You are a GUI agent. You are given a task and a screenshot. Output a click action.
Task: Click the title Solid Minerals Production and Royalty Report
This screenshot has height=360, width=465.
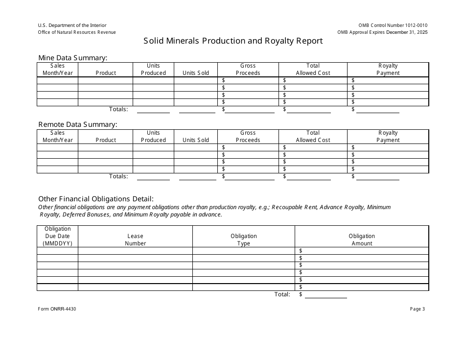click(233, 41)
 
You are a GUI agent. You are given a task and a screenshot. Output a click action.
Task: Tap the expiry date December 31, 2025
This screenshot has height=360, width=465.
click(407, 32)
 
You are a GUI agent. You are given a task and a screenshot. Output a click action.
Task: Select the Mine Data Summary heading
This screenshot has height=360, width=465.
click(72, 58)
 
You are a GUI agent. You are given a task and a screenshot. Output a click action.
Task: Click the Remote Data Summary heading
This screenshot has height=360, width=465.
click(77, 124)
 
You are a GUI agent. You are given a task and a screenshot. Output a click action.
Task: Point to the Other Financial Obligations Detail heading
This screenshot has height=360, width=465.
click(96, 199)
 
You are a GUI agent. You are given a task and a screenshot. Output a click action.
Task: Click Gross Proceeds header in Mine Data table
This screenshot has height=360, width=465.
click(248, 69)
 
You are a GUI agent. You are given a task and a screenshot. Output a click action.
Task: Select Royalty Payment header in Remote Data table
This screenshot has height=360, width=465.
click(388, 136)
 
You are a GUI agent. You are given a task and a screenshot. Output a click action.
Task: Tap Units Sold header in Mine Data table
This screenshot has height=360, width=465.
click(195, 73)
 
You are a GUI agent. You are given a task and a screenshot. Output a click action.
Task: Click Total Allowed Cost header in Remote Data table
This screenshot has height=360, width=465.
click(313, 136)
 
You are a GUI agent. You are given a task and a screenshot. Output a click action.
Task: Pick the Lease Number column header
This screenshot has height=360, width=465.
click(135, 240)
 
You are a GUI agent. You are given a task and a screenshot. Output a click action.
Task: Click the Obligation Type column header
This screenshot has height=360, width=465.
click(243, 240)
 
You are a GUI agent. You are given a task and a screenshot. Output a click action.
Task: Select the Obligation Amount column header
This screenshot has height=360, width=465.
click(362, 240)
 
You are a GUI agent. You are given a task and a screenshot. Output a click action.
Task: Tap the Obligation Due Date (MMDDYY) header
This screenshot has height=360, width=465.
click(57, 236)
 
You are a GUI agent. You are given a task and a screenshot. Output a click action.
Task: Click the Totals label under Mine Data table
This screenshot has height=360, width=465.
click(118, 109)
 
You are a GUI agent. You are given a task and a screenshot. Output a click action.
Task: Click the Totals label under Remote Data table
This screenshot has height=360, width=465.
click(118, 176)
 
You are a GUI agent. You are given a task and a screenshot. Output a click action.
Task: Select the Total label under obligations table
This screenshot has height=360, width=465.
click(282, 294)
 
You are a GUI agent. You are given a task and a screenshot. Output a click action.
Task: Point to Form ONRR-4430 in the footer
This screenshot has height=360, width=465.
click(57, 309)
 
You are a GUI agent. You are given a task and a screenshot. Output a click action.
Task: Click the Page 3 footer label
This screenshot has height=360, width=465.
click(417, 309)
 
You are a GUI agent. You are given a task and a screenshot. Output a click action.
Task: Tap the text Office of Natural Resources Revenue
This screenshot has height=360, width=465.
click(77, 32)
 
